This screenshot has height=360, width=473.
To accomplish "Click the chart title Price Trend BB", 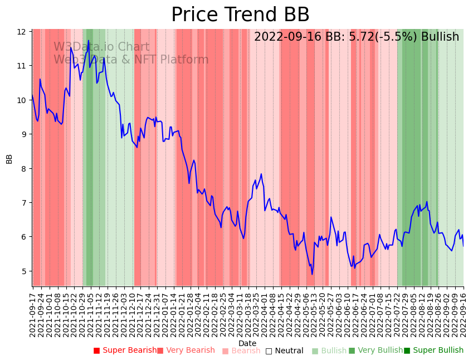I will point(240,15).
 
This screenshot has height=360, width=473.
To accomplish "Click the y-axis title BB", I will point(9,158).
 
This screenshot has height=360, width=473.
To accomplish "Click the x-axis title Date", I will point(247,343).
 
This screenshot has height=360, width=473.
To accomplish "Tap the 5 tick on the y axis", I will point(23,271).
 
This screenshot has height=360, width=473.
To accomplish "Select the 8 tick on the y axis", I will point(23,169).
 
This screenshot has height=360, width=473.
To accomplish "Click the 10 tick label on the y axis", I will point(22,100).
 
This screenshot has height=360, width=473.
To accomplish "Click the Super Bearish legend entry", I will point(125,351).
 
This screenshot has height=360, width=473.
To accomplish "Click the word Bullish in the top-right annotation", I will point(440,37).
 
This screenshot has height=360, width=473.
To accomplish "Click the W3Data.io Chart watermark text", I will point(101,47).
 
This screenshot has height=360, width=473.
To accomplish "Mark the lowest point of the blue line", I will point(312,274).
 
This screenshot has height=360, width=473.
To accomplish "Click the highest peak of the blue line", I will point(71,47).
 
